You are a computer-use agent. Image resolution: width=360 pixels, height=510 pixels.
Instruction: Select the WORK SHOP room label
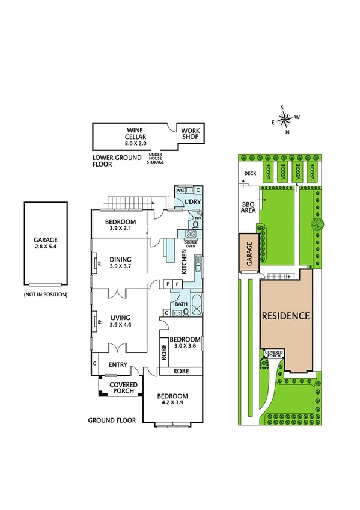point(190,133)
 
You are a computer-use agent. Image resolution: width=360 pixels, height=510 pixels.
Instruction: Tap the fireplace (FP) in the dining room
point(95,262)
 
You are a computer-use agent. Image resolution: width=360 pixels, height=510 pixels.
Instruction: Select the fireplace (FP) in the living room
point(95,321)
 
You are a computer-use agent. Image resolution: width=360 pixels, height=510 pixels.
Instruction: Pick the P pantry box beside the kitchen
point(177,283)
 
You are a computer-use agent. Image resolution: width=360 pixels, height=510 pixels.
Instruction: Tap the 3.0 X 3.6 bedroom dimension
point(186,346)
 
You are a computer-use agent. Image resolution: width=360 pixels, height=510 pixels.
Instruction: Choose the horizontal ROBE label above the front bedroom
point(181,371)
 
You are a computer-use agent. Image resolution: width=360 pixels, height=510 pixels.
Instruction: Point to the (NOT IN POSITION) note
point(46,295)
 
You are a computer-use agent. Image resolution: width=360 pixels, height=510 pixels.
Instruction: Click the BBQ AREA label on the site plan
point(249,207)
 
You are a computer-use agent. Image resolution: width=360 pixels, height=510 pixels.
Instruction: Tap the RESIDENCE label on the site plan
point(285,316)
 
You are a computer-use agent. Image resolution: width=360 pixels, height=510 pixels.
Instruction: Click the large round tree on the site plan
point(317,224)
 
